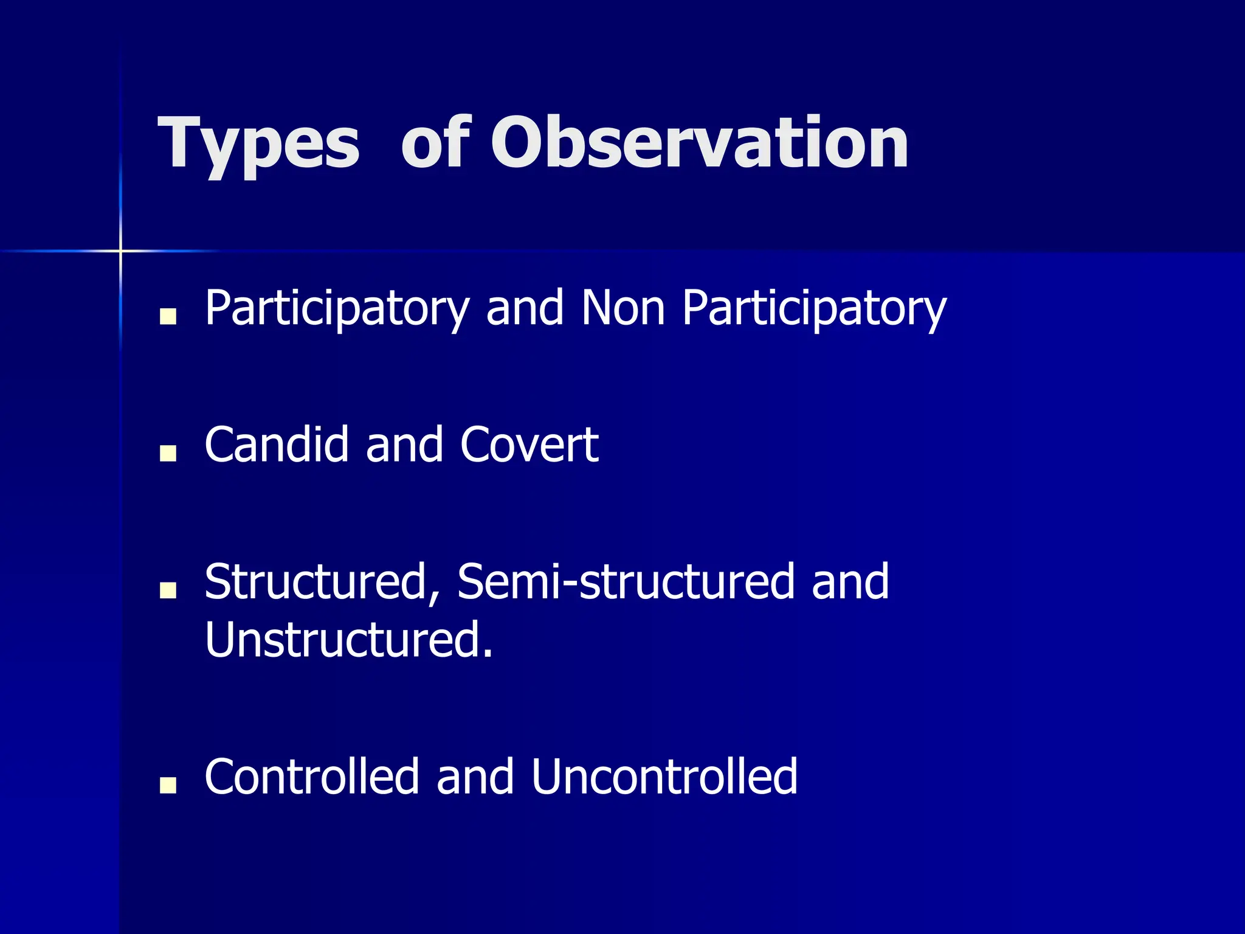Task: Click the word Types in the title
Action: coord(258,145)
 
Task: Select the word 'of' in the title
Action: coord(435,143)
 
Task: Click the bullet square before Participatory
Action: coord(168,316)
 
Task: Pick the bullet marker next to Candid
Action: coord(168,453)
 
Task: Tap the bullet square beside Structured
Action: coord(168,590)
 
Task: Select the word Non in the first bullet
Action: coord(622,308)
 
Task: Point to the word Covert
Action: coord(529,445)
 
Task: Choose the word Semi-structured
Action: coord(626,582)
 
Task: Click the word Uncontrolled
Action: coord(664,777)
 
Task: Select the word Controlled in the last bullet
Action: coord(312,777)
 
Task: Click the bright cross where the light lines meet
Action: coord(120,251)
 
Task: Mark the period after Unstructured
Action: coord(487,656)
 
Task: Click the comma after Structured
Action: coord(433,600)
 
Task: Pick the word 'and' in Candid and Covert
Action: coord(404,445)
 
